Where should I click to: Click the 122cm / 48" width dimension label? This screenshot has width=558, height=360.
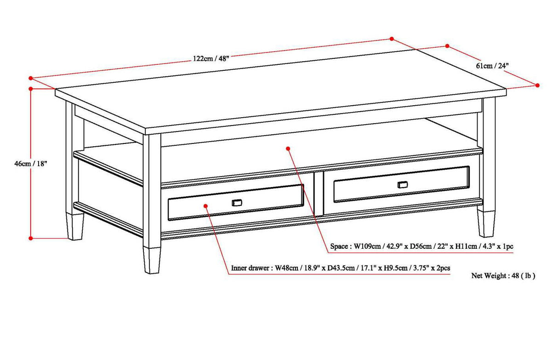click(x=211, y=58)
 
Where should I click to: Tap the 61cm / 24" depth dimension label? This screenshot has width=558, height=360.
click(x=492, y=66)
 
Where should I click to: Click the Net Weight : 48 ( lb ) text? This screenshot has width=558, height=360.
click(x=503, y=276)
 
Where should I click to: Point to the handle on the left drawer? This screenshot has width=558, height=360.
click(x=237, y=203)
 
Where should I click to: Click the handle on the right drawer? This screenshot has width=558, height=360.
click(x=402, y=184)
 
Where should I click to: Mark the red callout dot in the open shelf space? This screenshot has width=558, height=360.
click(x=288, y=149)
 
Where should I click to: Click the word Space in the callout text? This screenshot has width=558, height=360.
click(x=339, y=247)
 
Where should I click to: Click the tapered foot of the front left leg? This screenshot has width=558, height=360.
click(x=151, y=260)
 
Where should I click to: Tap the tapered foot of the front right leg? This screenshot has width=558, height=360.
click(x=486, y=224)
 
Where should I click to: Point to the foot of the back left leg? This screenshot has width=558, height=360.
click(x=75, y=227)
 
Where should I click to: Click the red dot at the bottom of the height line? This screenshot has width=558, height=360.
click(x=31, y=238)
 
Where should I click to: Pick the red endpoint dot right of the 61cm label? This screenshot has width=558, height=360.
click(x=537, y=85)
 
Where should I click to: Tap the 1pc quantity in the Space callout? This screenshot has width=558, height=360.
click(x=507, y=247)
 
